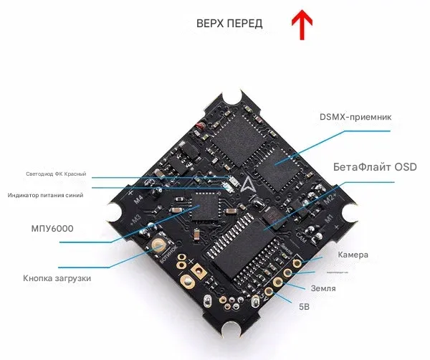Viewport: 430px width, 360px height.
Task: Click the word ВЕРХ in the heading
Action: click(x=209, y=24)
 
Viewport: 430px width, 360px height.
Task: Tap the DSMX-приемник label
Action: click(x=355, y=117)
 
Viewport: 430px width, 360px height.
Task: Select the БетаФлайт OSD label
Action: click(x=375, y=167)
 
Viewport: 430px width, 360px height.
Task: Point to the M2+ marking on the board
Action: click(x=330, y=196)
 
